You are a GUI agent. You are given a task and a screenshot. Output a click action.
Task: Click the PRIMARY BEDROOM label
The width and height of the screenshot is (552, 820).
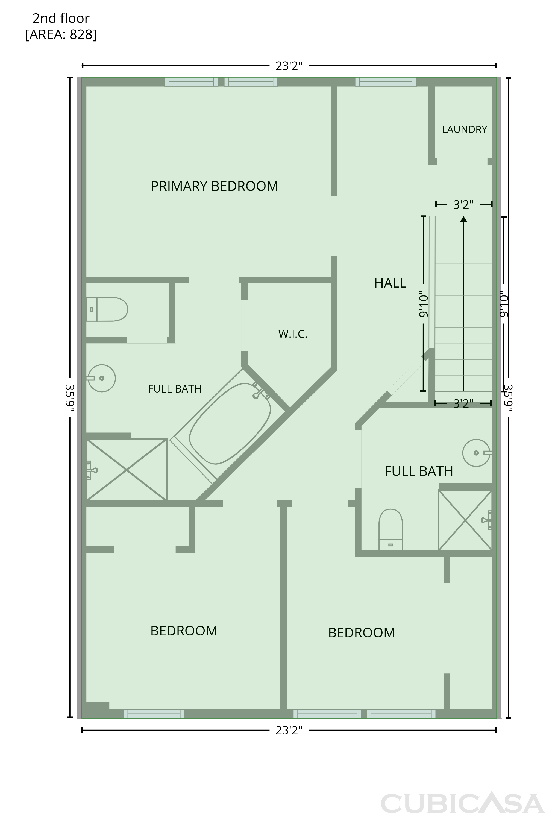tap(215, 186)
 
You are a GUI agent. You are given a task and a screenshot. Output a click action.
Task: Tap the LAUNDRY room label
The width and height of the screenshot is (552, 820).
tap(464, 130)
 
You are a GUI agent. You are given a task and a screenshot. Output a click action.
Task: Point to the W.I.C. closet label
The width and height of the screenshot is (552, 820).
tap(293, 334)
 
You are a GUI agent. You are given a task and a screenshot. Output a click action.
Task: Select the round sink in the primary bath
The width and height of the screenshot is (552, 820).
tap(101, 378)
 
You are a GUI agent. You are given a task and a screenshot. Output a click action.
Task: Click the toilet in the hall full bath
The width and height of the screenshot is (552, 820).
tap(390, 529)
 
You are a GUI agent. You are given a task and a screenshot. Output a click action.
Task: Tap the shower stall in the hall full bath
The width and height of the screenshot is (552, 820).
tap(465, 520)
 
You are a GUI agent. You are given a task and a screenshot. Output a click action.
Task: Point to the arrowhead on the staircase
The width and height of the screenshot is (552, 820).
tap(464, 219)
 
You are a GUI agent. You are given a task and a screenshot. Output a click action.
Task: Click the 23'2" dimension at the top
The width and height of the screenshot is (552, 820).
tap(289, 66)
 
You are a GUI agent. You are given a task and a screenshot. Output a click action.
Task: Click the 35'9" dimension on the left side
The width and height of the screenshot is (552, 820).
tap(70, 397)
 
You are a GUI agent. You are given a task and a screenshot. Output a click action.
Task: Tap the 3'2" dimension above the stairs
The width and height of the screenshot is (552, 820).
tap(463, 204)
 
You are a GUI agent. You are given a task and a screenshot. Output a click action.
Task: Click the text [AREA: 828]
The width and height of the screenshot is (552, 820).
tap(61, 34)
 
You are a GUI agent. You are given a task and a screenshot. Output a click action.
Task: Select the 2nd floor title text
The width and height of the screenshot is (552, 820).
tap(61, 18)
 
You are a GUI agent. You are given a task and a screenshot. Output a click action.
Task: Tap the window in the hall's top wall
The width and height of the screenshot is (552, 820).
tap(386, 82)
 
